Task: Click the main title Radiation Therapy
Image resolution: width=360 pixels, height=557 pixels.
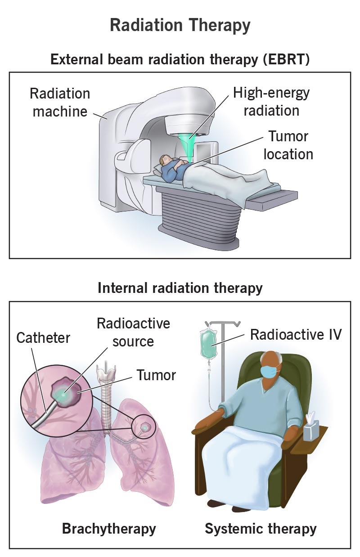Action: pyautogui.click(x=180, y=26)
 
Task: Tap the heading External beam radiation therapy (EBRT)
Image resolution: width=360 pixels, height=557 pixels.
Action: pyautogui.click(x=180, y=59)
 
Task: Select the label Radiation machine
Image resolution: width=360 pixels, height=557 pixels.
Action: pyautogui.click(x=60, y=102)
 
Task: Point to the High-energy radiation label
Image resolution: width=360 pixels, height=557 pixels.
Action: pyautogui.click(x=271, y=101)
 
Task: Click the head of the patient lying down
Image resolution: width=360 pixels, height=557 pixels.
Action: pyautogui.click(x=166, y=160)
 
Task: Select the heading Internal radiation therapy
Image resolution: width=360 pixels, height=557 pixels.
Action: pyautogui.click(x=180, y=288)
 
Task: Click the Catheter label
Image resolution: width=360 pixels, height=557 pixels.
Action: pyautogui.click(x=43, y=337)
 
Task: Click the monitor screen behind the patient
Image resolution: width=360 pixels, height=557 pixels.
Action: pyautogui.click(x=208, y=153)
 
